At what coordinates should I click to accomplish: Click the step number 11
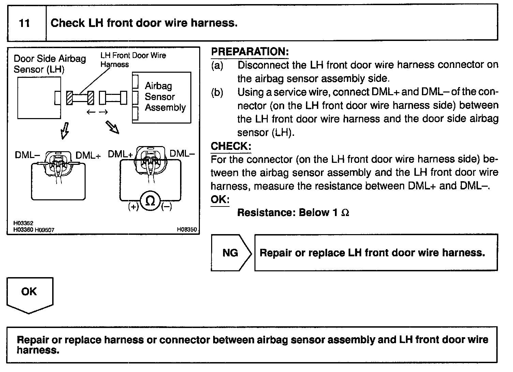point(25,23)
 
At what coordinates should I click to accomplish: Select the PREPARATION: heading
point(250,52)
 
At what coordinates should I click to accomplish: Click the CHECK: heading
point(231,146)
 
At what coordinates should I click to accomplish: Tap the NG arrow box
point(231,253)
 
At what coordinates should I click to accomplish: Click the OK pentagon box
point(30,294)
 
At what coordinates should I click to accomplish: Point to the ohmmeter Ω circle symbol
point(150,201)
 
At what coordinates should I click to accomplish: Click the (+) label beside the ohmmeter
point(133,207)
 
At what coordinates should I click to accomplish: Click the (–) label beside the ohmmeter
point(167,207)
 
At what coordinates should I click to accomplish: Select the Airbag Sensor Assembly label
point(165,97)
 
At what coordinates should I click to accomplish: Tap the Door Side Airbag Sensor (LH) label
point(49,64)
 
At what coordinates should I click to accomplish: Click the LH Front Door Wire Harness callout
point(133,59)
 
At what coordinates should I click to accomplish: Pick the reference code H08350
point(187,230)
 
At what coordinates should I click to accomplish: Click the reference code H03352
point(23,223)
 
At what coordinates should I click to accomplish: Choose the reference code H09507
point(44,230)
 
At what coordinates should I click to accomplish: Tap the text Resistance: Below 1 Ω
point(293,213)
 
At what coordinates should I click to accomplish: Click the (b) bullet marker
point(217,92)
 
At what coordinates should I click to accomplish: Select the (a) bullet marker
point(217,65)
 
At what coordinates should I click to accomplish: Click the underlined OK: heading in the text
point(220,200)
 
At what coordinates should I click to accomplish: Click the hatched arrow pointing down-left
point(65,130)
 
